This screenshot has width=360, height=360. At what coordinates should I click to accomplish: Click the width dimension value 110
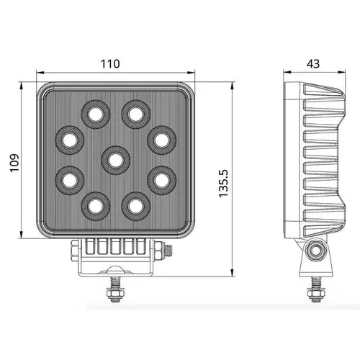tap(109, 63)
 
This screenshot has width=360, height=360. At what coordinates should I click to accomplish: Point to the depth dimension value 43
tap(313, 63)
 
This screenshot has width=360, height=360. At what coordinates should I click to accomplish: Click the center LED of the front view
tap(114, 158)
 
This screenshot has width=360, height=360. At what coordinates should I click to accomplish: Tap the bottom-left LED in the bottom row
tap(94, 205)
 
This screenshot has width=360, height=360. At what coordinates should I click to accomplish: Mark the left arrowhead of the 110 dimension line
tap(38, 72)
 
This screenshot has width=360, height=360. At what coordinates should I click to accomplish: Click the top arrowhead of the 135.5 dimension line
tap(232, 84)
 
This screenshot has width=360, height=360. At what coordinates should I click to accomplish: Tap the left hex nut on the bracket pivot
tap(74, 250)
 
